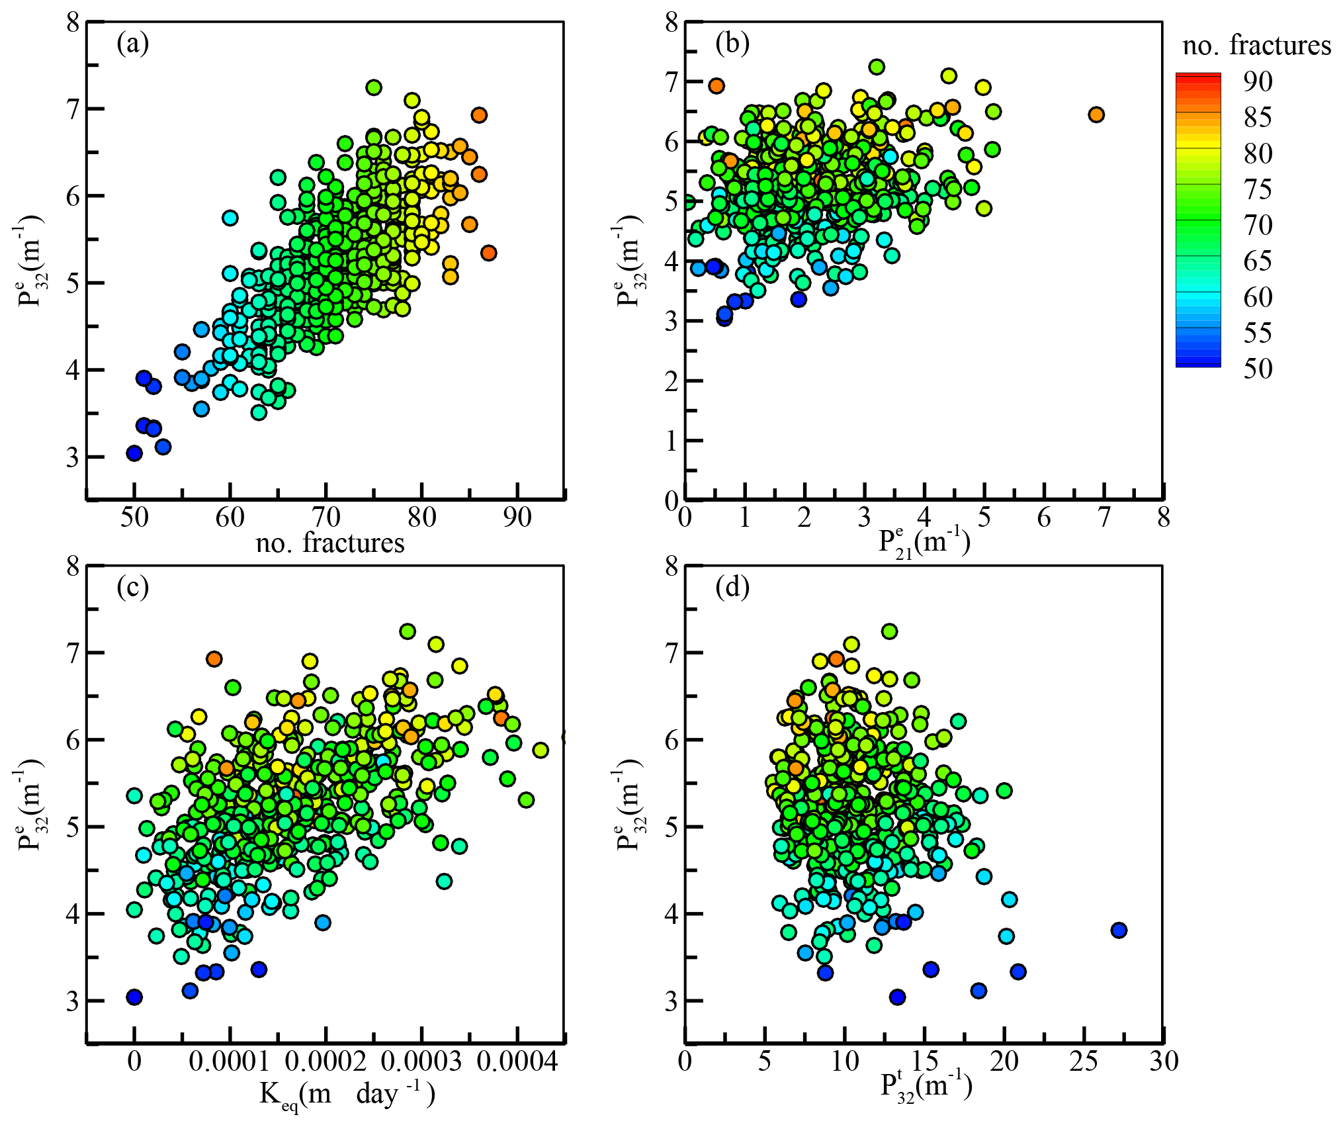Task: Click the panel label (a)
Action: (x=132, y=44)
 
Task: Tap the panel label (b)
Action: (x=732, y=44)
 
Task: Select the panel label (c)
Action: (x=132, y=587)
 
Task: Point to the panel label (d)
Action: (x=732, y=587)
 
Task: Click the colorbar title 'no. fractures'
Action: (x=1256, y=46)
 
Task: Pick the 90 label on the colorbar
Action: (x=1258, y=81)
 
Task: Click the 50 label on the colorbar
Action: (x=1258, y=369)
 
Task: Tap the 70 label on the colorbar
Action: (x=1258, y=225)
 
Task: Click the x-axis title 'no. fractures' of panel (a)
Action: (x=329, y=543)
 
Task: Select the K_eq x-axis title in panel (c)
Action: (x=347, y=1095)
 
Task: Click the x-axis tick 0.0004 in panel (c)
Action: (x=517, y=1061)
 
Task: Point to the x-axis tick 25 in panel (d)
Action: (x=1084, y=1061)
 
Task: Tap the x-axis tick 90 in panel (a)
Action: (x=517, y=518)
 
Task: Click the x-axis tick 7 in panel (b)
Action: (x=1104, y=518)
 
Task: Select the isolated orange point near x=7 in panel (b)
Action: (x=1096, y=114)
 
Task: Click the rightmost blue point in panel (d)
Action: (x=1119, y=930)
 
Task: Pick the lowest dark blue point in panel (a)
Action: (x=134, y=453)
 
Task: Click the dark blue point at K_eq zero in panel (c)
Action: (x=134, y=997)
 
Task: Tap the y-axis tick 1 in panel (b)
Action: (x=671, y=441)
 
